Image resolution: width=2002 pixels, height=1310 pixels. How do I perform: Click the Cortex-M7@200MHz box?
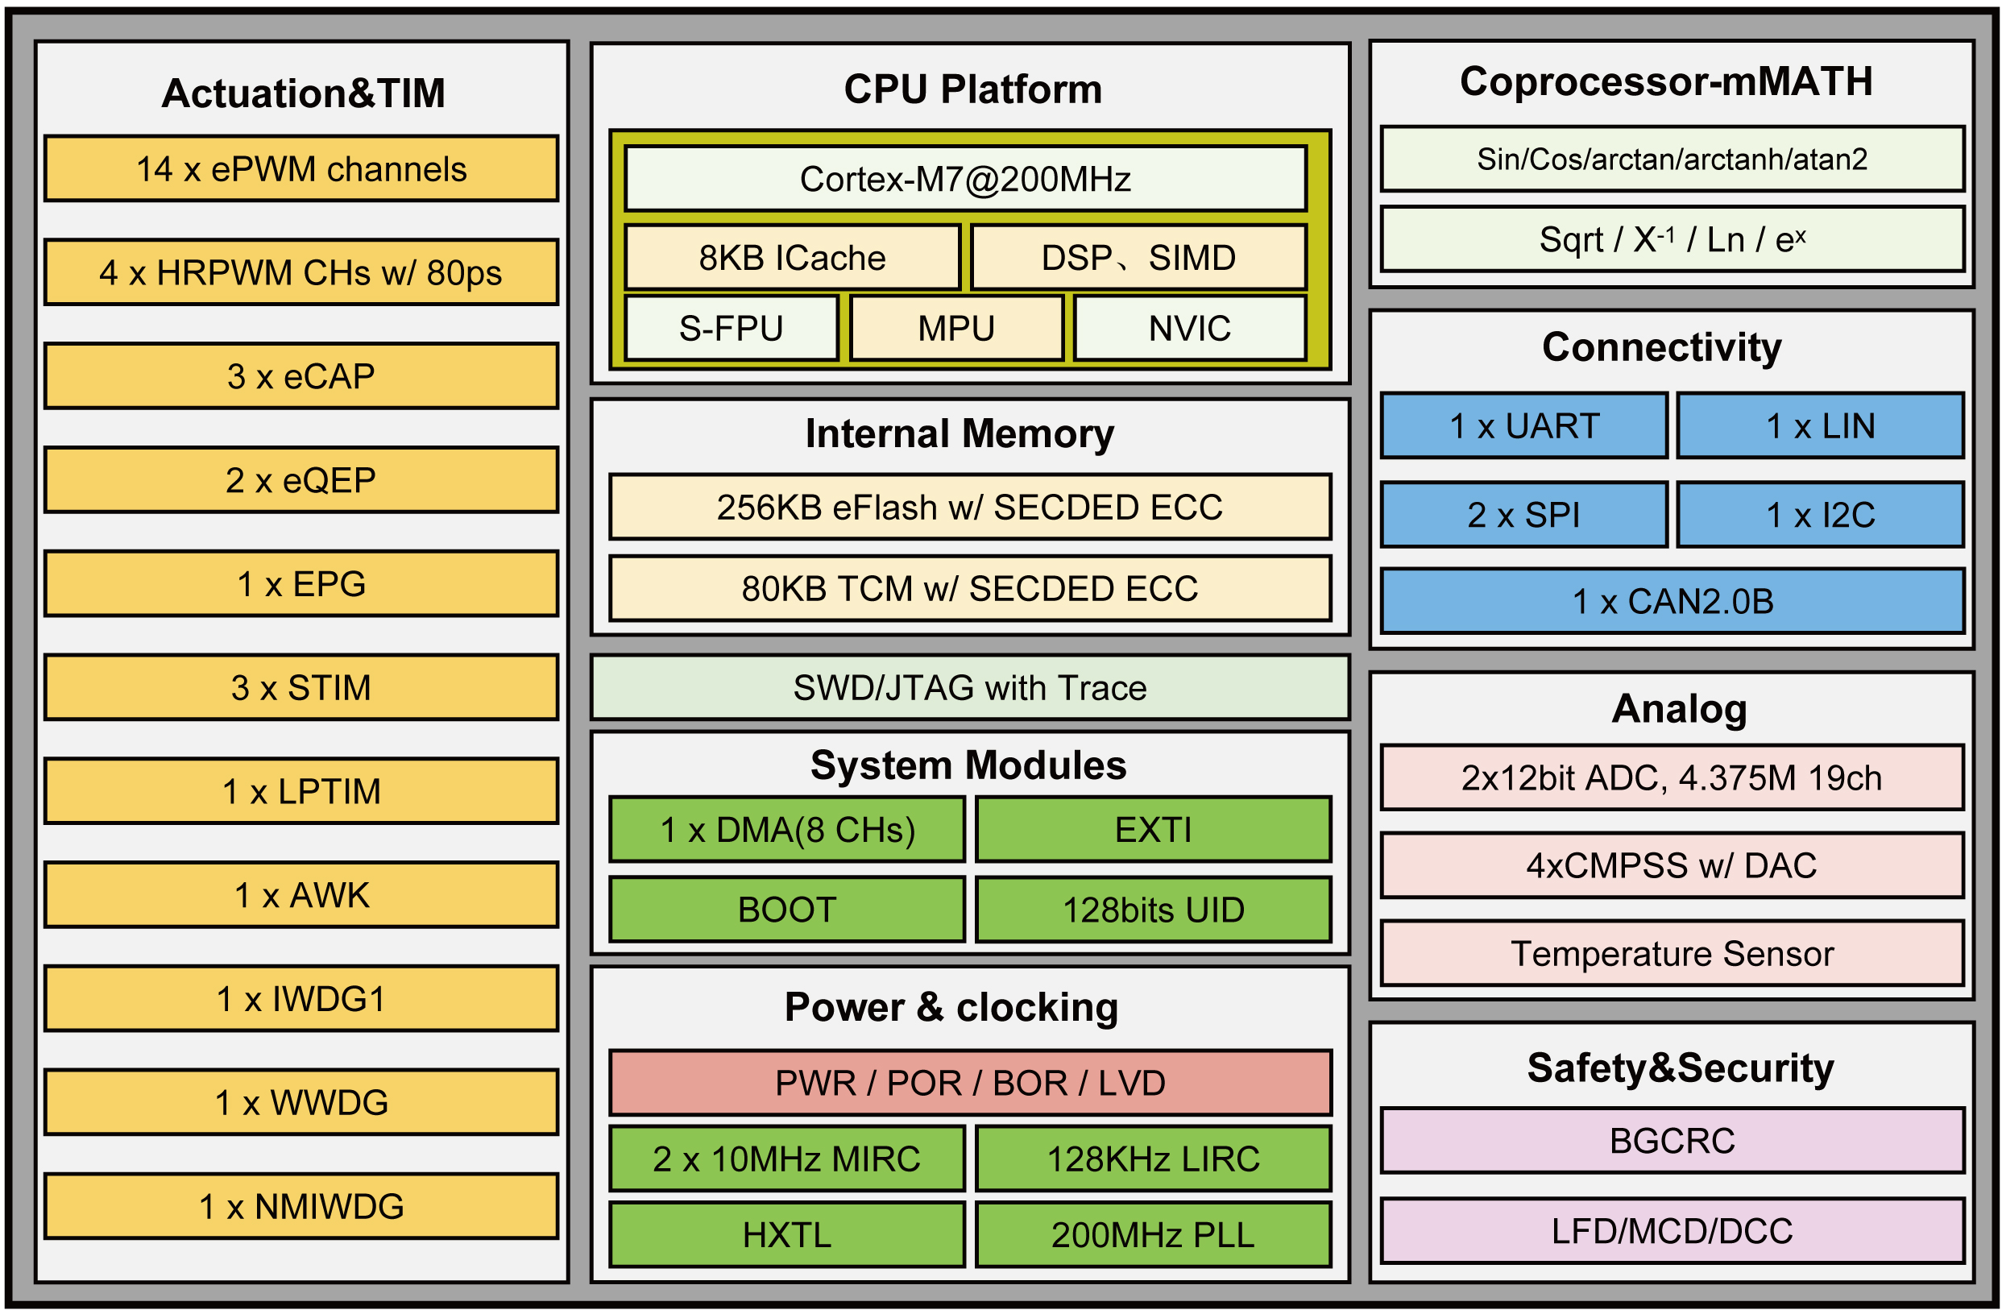click(x=965, y=178)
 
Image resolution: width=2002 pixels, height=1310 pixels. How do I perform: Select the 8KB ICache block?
click(x=792, y=258)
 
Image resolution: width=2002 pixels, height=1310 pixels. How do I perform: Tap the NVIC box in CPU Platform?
click(x=1189, y=328)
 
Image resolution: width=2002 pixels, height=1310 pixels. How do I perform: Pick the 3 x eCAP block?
click(x=301, y=376)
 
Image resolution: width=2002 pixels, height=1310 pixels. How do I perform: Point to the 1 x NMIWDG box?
click(x=301, y=1207)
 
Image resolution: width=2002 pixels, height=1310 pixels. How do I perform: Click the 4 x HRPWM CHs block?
click(x=301, y=272)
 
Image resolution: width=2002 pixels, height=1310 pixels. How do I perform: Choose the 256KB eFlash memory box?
click(x=970, y=508)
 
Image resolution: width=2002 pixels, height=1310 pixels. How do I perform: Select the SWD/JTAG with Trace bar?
click(x=970, y=687)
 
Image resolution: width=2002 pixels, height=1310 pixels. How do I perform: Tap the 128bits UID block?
click(x=1153, y=910)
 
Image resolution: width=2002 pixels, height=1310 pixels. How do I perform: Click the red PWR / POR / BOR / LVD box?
click(x=970, y=1083)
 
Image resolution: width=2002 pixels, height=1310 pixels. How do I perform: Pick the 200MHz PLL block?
click(x=1153, y=1234)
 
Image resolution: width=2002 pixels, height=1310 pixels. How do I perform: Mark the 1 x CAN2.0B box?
click(x=1672, y=602)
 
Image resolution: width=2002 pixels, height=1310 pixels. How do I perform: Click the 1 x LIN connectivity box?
click(x=1820, y=425)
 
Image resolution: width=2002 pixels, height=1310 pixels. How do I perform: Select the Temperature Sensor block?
click(x=1672, y=953)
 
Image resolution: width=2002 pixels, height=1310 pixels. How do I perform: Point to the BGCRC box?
click(x=1672, y=1141)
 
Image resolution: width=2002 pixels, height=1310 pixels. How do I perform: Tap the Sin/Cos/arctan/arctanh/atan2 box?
click(x=1672, y=159)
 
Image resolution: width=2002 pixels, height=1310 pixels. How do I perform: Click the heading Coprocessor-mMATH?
click(x=1666, y=81)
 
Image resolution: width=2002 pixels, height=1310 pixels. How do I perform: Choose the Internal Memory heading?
click(x=960, y=433)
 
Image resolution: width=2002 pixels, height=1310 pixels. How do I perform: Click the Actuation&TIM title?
click(x=303, y=93)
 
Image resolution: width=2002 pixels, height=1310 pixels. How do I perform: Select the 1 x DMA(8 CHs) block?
click(x=787, y=830)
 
